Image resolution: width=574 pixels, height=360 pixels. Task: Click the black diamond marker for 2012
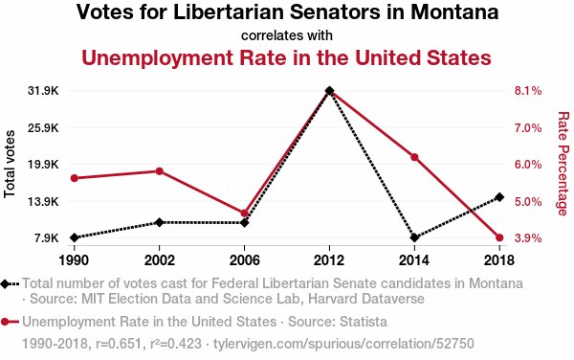[329, 90]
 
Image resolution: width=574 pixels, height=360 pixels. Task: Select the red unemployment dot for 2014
[414, 157]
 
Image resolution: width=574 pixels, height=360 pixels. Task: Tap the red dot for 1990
[75, 178]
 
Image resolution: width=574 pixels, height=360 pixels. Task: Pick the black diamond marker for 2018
[499, 197]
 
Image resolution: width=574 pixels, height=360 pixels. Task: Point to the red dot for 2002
[159, 171]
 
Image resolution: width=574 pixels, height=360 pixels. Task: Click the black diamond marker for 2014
[414, 237]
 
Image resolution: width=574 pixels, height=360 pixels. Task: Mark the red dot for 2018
[499, 237]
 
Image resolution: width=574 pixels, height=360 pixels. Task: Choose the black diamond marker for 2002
[159, 222]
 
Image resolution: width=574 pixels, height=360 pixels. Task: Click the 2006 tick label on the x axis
[244, 260]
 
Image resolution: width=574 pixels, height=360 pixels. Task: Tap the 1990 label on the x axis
[74, 260]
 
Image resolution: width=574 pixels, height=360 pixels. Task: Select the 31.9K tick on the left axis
[43, 90]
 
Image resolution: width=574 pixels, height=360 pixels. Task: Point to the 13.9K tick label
[43, 201]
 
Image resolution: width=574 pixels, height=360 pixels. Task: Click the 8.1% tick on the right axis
[528, 90]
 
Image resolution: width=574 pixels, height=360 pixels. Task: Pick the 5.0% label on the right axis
[528, 201]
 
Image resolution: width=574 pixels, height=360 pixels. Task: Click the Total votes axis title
[10, 164]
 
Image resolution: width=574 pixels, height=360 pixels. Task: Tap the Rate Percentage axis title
[563, 164]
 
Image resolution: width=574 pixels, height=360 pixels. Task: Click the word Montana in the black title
[454, 12]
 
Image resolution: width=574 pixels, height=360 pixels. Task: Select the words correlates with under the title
[287, 35]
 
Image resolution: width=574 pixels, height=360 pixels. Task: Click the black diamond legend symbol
[5, 283]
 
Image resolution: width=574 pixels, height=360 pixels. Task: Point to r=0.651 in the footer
[119, 344]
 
